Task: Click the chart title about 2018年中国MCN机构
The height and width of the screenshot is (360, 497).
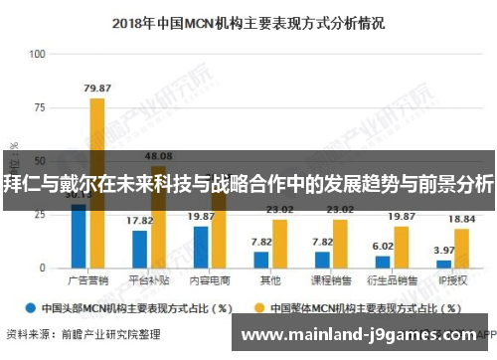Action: click(248, 20)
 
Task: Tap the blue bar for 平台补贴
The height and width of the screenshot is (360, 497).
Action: click(139, 250)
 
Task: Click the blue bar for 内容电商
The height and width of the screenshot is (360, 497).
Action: click(201, 248)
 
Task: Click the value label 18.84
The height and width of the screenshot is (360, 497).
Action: click(461, 219)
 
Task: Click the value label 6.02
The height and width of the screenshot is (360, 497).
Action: click(384, 245)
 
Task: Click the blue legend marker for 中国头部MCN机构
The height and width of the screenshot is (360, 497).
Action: click(32, 307)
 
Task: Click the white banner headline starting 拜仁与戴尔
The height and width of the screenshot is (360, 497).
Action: click(248, 184)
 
